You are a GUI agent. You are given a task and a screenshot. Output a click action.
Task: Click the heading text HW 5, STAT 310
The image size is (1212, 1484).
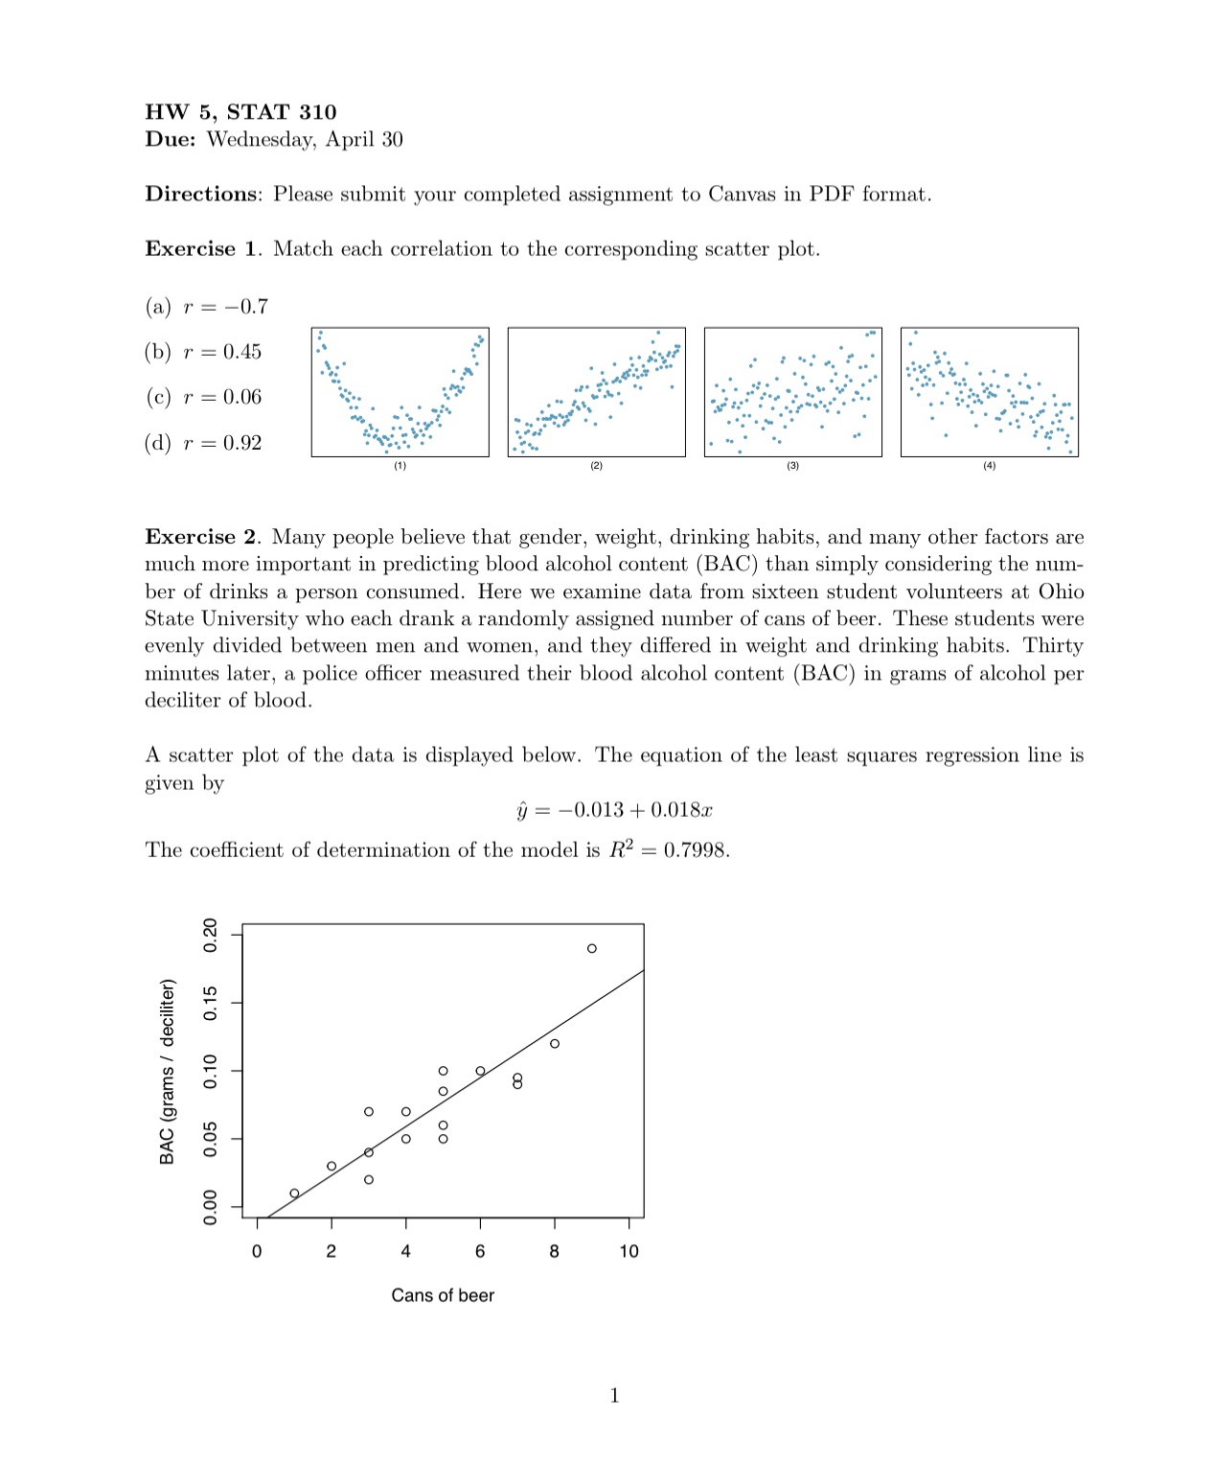240,112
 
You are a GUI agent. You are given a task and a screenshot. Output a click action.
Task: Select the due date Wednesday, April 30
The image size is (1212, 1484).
305,140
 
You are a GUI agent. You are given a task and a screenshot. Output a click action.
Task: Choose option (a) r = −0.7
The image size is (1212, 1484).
207,307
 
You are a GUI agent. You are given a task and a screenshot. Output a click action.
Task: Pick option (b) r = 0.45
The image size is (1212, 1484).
203,352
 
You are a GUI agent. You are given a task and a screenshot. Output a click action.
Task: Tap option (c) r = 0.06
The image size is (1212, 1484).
203,397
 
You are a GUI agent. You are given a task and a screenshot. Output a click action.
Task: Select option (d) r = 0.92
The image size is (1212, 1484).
203,443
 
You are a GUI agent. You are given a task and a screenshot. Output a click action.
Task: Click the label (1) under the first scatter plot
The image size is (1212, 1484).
400,466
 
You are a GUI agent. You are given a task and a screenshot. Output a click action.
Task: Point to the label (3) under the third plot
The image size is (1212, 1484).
792,466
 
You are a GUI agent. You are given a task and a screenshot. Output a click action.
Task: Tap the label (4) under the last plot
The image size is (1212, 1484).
989,466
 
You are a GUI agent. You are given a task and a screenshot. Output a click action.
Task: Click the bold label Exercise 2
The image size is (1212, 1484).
200,537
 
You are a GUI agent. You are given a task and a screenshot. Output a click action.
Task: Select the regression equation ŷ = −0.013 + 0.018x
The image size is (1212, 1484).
614,811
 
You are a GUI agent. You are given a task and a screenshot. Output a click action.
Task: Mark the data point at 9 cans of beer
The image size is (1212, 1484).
592,948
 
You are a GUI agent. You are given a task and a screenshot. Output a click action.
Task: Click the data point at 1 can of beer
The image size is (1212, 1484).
294,1194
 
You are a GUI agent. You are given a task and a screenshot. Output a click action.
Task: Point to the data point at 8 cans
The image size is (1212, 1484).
555,1043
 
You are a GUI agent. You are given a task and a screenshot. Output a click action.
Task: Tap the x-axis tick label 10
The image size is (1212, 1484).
629,1251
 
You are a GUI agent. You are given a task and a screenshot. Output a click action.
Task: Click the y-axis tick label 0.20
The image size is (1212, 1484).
211,934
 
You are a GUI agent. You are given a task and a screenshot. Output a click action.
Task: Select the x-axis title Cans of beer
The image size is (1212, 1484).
443,1295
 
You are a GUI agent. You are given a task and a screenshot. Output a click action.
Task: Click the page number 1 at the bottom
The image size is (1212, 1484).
614,1396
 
